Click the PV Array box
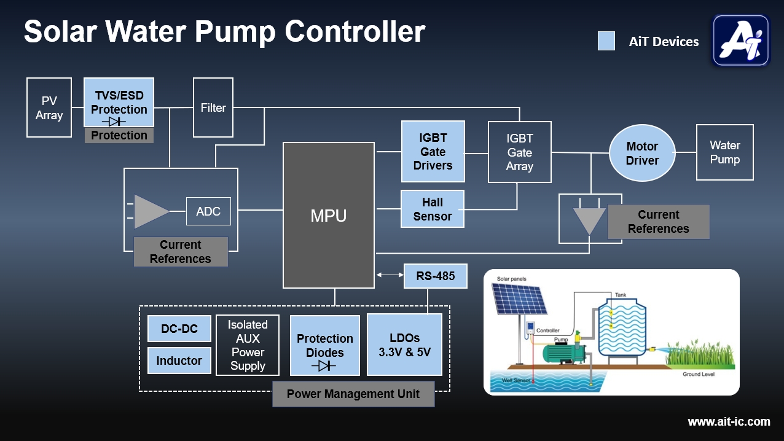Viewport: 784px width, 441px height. point(49,107)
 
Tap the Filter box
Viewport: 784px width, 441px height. point(213,107)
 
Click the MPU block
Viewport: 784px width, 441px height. point(329,216)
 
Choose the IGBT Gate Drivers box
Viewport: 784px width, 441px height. point(433,152)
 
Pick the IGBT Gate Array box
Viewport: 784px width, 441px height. point(519,152)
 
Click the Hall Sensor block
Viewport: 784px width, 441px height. point(433,209)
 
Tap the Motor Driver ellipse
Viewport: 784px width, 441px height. point(642,154)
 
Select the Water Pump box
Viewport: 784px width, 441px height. point(724,152)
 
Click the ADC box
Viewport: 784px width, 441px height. point(208,211)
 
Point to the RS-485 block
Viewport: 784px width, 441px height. point(436,276)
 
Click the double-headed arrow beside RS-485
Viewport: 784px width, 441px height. point(389,276)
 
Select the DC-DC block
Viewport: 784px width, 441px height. point(179,329)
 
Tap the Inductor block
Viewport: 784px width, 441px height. point(179,361)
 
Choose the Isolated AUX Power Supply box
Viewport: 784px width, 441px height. point(248,345)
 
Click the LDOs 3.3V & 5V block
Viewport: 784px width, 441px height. point(404,345)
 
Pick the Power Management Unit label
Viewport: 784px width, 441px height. point(353,394)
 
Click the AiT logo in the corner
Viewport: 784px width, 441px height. point(740,41)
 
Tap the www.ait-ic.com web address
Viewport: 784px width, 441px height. point(729,421)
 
